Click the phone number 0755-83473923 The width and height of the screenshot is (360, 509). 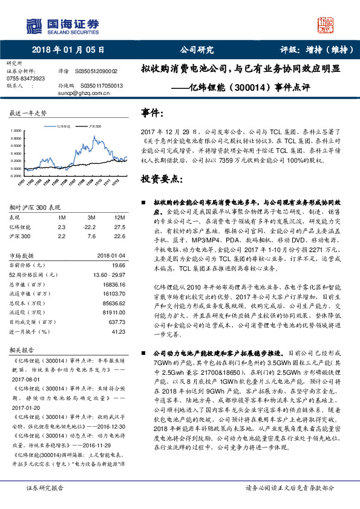click(x=25, y=79)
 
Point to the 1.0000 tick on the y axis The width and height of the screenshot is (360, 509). click(x=16, y=131)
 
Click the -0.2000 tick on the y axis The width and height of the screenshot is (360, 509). click(x=15, y=175)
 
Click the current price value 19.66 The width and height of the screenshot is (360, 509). click(x=117, y=265)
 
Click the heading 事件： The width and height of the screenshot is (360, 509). click(x=152, y=112)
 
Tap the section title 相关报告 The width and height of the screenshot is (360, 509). click(x=21, y=350)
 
